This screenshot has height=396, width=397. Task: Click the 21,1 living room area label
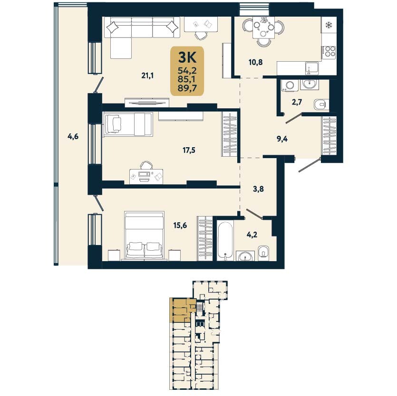(147, 75)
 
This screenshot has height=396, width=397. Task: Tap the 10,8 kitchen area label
(255, 62)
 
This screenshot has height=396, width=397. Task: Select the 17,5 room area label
(189, 151)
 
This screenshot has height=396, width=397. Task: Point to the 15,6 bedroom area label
(180, 225)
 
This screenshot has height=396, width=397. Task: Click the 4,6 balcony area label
(73, 137)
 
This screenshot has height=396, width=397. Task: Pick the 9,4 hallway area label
(282, 139)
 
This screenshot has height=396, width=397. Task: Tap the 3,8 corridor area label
(259, 189)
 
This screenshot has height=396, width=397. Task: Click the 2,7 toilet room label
(297, 102)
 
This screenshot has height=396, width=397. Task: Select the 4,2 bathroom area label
(252, 235)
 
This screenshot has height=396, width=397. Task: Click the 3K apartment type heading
(187, 57)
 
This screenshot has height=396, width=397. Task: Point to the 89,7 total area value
(187, 88)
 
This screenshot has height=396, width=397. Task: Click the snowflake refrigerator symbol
(329, 25)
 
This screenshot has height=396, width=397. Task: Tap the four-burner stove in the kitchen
(329, 52)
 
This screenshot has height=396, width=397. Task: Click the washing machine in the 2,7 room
(290, 85)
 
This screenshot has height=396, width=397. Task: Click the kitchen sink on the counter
(310, 68)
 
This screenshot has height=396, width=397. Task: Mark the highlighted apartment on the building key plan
(183, 310)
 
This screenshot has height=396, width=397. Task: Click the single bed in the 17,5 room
(128, 124)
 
